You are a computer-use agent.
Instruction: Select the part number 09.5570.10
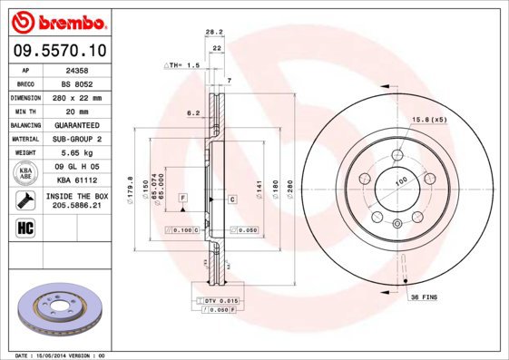tap(55, 51)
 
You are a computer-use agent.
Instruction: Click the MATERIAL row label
tap(24, 139)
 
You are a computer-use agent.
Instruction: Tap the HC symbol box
tap(24, 227)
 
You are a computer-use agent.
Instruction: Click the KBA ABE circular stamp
tap(24, 174)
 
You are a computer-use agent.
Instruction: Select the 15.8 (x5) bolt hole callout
tap(429, 120)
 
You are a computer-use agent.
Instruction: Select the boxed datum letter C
tap(232, 198)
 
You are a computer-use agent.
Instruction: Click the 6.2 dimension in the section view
tap(191, 113)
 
